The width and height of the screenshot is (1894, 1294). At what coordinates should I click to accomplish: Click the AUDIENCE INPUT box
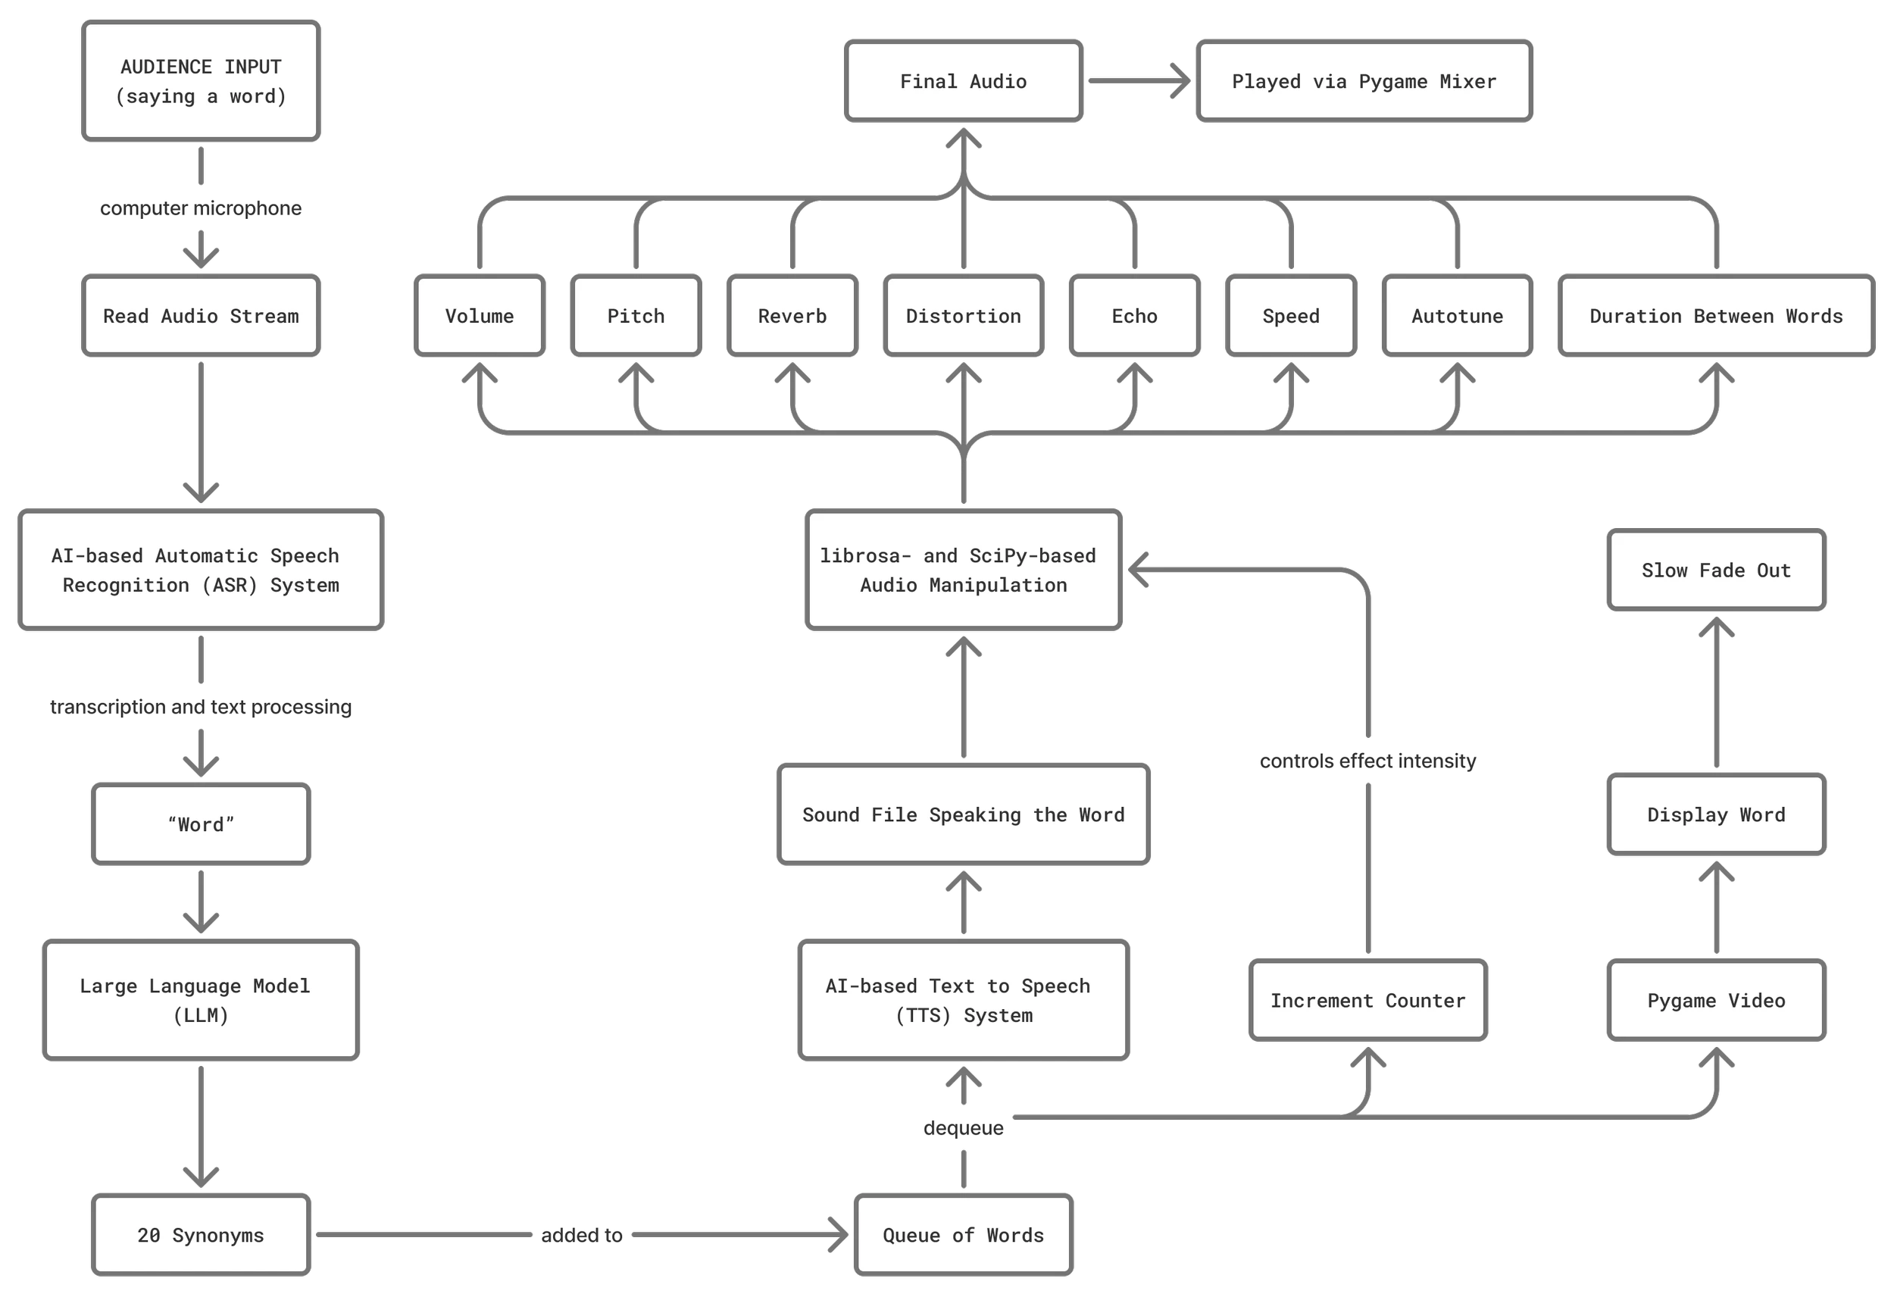tap(201, 82)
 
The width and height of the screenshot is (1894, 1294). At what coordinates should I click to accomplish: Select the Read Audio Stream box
tap(201, 316)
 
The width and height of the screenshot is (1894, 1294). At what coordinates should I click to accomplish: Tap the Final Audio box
tap(964, 82)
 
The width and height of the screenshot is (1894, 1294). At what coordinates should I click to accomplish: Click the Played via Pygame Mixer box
tap(1364, 82)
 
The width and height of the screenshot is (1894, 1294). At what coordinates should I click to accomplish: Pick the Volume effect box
tap(480, 316)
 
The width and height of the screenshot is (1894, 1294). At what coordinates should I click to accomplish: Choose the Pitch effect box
tap(636, 316)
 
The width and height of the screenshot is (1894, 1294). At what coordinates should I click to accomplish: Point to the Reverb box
tap(792, 316)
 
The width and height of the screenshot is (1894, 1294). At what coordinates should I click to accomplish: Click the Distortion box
tap(964, 316)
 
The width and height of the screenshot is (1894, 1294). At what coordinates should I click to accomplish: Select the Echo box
tap(1134, 316)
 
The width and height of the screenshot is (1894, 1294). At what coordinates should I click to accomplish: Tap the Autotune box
tap(1457, 316)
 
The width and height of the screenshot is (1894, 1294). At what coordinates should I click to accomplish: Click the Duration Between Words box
tap(1716, 316)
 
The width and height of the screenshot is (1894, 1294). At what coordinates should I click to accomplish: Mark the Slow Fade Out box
tap(1716, 570)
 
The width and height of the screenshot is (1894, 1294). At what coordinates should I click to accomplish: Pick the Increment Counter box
tap(1368, 1001)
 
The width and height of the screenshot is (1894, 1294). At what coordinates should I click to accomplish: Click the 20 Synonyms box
tap(201, 1236)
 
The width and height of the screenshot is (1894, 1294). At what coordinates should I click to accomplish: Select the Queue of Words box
tap(964, 1236)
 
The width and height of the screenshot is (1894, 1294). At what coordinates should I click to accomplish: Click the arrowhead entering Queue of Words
tap(839, 1236)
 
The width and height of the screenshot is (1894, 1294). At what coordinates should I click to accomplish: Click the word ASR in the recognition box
tap(229, 586)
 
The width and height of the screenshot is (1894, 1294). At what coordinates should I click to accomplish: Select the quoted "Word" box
tap(201, 824)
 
